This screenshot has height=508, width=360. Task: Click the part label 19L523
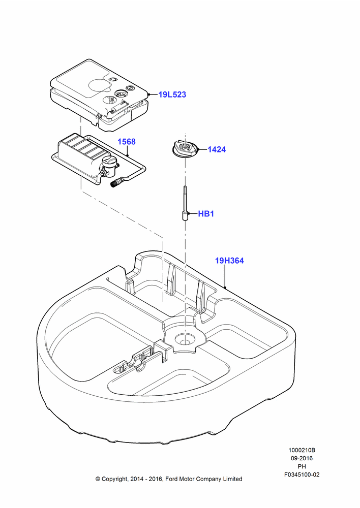172,94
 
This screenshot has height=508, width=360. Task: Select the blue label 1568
127,142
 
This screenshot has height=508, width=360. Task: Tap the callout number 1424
217,149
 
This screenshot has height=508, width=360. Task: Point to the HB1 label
206,214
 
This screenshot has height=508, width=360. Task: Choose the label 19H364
229,261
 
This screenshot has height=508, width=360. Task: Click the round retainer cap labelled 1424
184,150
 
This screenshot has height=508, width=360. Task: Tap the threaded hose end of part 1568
114,185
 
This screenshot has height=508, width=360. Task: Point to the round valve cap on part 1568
108,162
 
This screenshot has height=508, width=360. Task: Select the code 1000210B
302,450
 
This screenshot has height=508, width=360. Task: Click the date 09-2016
302,458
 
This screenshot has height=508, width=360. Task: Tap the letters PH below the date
302,466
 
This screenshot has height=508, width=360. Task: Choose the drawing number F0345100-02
302,474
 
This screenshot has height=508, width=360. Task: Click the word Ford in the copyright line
172,479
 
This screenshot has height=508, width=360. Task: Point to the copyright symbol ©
98,479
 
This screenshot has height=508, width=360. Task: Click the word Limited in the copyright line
232,479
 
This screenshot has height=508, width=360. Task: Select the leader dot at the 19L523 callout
149,94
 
